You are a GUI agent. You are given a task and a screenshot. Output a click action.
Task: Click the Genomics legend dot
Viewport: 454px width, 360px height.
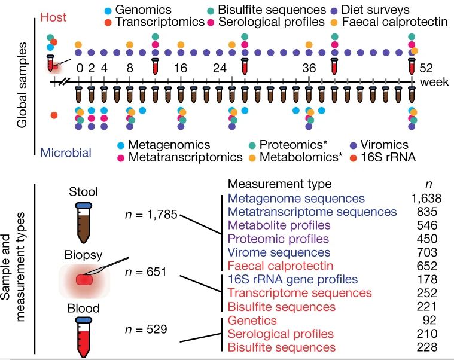click(x=107, y=10)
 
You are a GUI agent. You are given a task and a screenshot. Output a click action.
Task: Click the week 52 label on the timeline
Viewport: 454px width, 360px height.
click(x=426, y=67)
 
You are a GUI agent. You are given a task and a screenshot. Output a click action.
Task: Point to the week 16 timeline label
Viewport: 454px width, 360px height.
click(x=180, y=67)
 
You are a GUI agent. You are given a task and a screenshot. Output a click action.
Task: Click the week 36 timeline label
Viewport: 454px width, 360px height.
click(x=309, y=67)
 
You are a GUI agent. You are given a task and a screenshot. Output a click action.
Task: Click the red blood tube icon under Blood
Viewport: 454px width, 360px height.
click(x=84, y=337)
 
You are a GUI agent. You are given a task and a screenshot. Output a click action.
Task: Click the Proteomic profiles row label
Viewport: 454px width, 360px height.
click(x=278, y=239)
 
